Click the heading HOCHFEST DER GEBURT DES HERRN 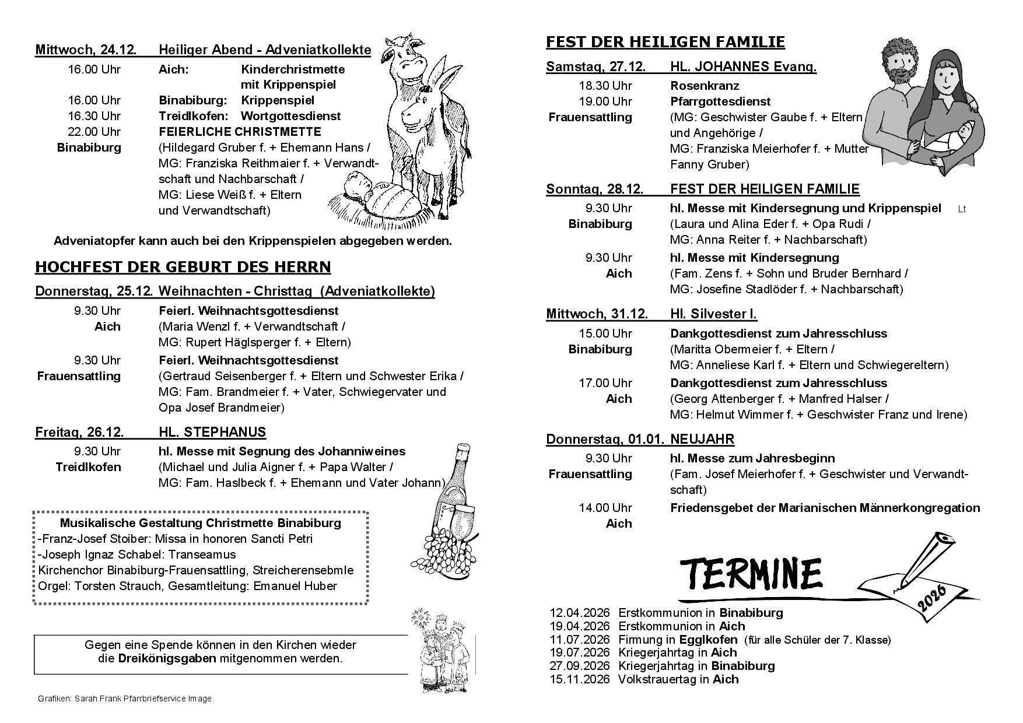pos(183,267)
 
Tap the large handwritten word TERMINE pos(751,574)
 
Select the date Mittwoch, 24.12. pos(86,50)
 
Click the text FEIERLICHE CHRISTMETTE pos(240,132)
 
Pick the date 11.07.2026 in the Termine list pos(579,640)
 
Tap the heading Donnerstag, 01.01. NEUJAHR pos(640,439)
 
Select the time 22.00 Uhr pos(94,132)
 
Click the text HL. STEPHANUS pos(212,432)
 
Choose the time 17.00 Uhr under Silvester pos(605,383)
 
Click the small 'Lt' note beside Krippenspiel pos(962,209)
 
